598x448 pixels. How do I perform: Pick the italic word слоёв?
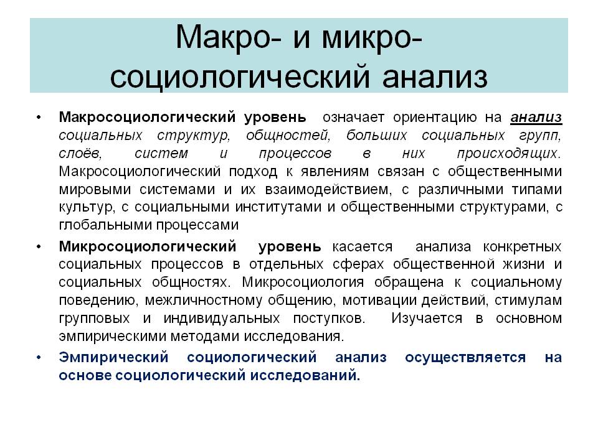tap(77, 153)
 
